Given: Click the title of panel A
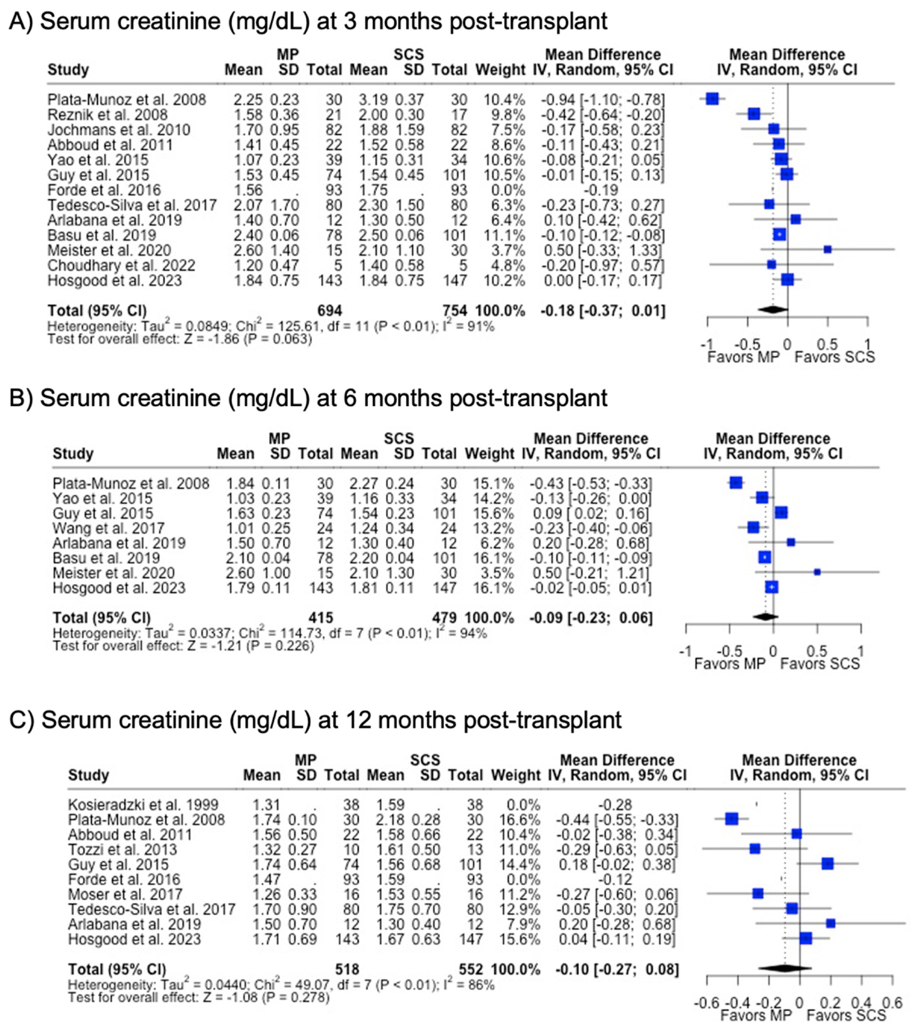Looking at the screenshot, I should click(308, 21).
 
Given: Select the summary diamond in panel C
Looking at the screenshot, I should click(784, 968).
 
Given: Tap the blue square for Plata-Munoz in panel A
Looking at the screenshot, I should click(712, 99).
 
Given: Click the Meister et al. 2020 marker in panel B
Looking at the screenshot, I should click(817, 573).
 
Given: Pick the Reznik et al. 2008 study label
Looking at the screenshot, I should click(107, 115).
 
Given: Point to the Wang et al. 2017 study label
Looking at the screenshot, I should click(109, 528).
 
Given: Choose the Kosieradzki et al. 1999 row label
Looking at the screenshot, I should click(143, 805).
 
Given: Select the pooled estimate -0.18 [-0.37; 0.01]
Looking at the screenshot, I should click(602, 311).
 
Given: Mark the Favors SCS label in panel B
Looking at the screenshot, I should click(819, 663).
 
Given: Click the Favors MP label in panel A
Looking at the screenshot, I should click(743, 357).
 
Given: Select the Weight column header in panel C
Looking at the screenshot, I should click(515, 775).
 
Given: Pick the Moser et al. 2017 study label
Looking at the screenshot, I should click(125, 894).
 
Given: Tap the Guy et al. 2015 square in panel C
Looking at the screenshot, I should click(827, 864).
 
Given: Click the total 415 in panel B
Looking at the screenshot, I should click(321, 617).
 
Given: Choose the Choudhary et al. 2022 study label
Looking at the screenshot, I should click(121, 265).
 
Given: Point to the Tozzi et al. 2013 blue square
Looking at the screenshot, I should click(754, 849).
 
